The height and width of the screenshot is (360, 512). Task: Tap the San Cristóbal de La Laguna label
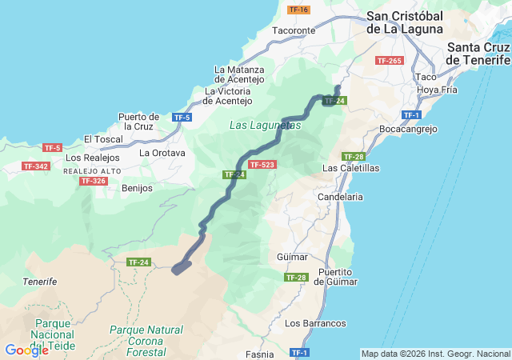404,22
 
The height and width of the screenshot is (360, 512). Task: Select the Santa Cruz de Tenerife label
478,54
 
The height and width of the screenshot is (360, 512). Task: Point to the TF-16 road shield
298,10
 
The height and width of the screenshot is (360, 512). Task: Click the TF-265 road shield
389,61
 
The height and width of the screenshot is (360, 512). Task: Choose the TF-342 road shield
35,166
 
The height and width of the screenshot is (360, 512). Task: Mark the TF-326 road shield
93,181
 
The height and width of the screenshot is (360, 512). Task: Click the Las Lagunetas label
265,126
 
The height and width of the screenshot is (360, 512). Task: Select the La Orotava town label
162,153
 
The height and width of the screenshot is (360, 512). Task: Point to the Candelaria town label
340,196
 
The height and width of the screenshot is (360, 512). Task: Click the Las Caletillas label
350,169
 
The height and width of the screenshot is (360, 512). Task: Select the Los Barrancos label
315,323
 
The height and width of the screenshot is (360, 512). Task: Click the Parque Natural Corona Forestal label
146,341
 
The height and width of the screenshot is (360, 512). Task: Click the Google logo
26,350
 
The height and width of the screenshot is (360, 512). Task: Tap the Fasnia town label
260,354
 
